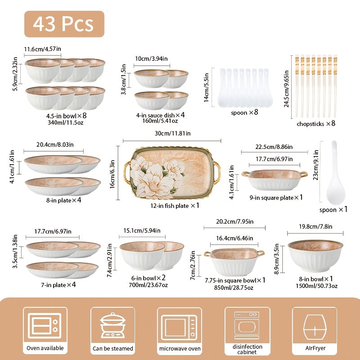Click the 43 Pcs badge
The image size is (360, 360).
click(x=63, y=24)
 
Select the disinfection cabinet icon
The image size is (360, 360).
click(x=247, y=325)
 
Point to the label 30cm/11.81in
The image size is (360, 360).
click(x=173, y=133)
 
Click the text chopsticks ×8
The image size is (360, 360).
click(x=316, y=124)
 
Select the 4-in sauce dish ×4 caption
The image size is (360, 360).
click(x=161, y=114)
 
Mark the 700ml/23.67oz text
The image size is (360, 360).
click(x=149, y=285)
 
